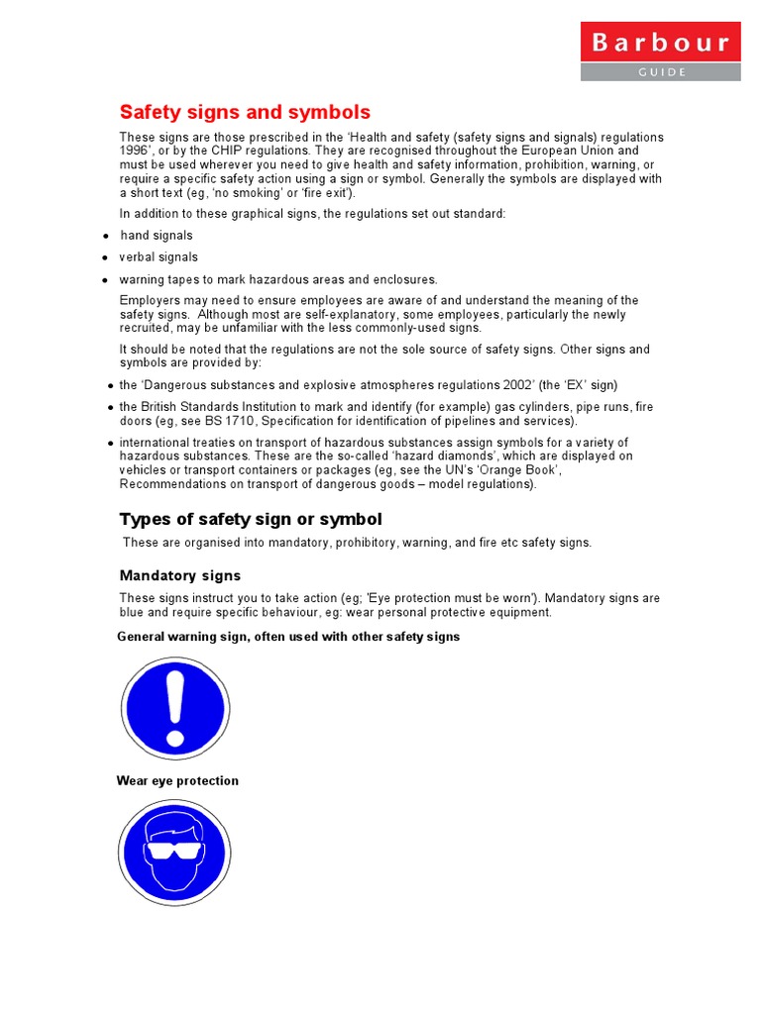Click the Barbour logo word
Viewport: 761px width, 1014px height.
point(660,43)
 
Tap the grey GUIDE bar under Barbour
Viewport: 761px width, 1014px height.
point(660,72)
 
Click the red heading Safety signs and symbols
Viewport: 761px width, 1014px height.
point(245,112)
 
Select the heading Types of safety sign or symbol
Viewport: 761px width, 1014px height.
point(250,520)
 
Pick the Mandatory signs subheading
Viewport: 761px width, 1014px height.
point(179,575)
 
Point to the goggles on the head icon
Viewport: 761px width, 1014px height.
point(175,850)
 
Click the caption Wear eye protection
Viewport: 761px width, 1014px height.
point(177,781)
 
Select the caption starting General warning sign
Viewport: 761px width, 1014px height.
point(288,637)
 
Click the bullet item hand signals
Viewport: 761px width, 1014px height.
point(157,236)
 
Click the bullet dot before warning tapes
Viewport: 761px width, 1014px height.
point(105,280)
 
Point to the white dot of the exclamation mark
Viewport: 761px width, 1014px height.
point(175,738)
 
